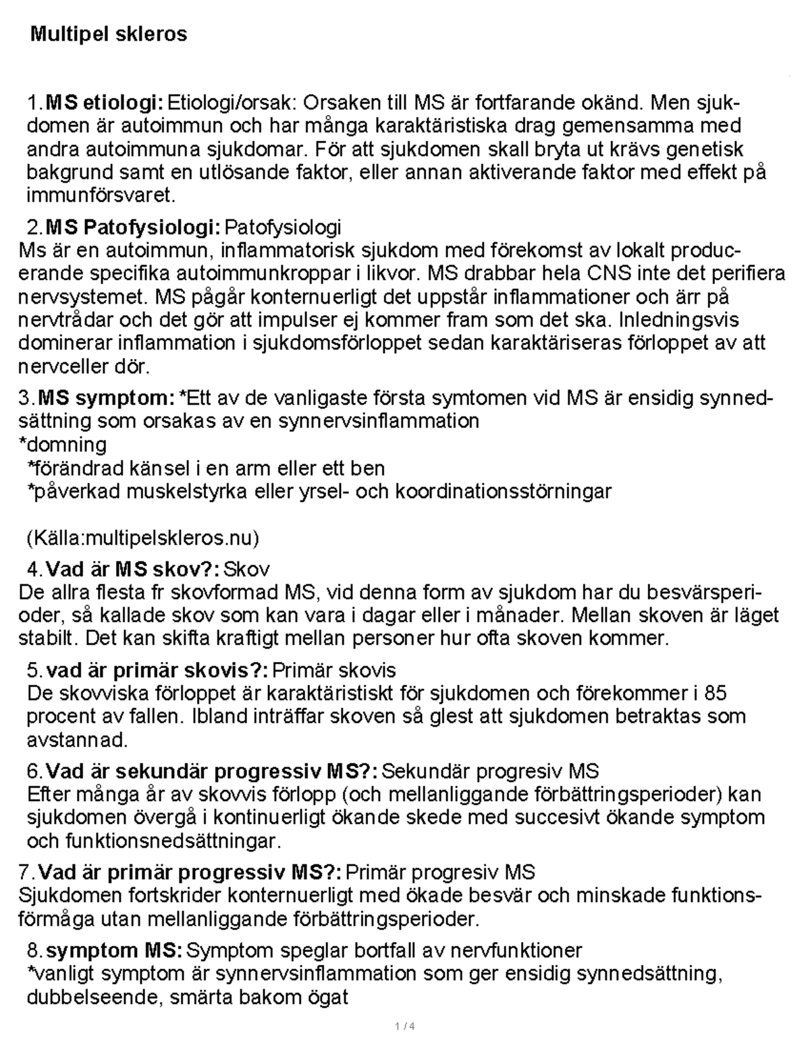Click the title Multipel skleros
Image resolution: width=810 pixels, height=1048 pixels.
[109, 34]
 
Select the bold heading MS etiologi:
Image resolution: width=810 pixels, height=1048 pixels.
[104, 103]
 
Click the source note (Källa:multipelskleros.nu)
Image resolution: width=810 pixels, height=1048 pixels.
[142, 538]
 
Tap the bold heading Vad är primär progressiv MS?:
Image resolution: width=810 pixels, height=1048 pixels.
[191, 873]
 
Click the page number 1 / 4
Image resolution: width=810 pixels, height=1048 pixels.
[404, 1028]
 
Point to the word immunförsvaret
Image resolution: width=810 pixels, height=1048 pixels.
[100, 196]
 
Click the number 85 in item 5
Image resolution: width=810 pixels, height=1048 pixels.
[715, 693]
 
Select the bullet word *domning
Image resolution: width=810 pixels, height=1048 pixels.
[62, 445]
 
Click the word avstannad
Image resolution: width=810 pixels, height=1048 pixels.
[76, 740]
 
